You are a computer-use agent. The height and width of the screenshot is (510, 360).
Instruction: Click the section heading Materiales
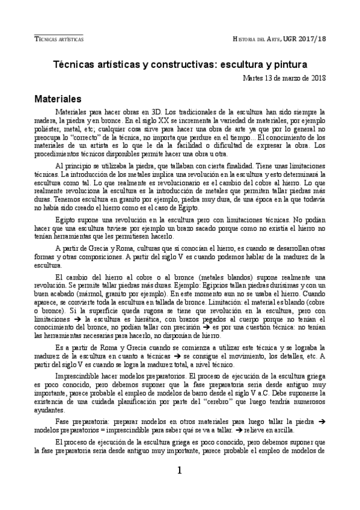coord(62,98)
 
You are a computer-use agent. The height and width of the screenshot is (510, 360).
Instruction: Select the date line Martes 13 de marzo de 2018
coord(284,78)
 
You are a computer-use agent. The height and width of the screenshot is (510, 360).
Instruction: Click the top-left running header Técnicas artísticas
coord(59,38)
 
